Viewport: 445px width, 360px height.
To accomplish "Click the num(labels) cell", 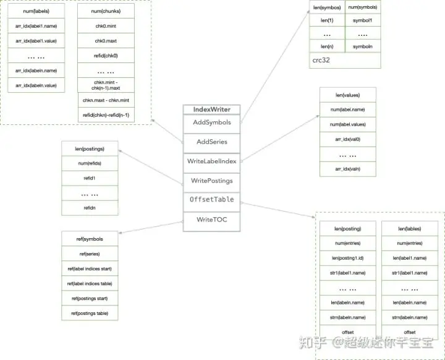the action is pos(36,12).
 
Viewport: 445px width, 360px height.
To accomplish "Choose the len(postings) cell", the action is pos(89,149).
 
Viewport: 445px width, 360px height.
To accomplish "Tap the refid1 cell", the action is pos(89,178).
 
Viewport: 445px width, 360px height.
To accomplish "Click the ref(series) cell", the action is pos(89,254).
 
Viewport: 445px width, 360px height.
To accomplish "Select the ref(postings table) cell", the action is pos(89,314).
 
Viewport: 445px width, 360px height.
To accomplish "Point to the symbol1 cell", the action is pos(363,20).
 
